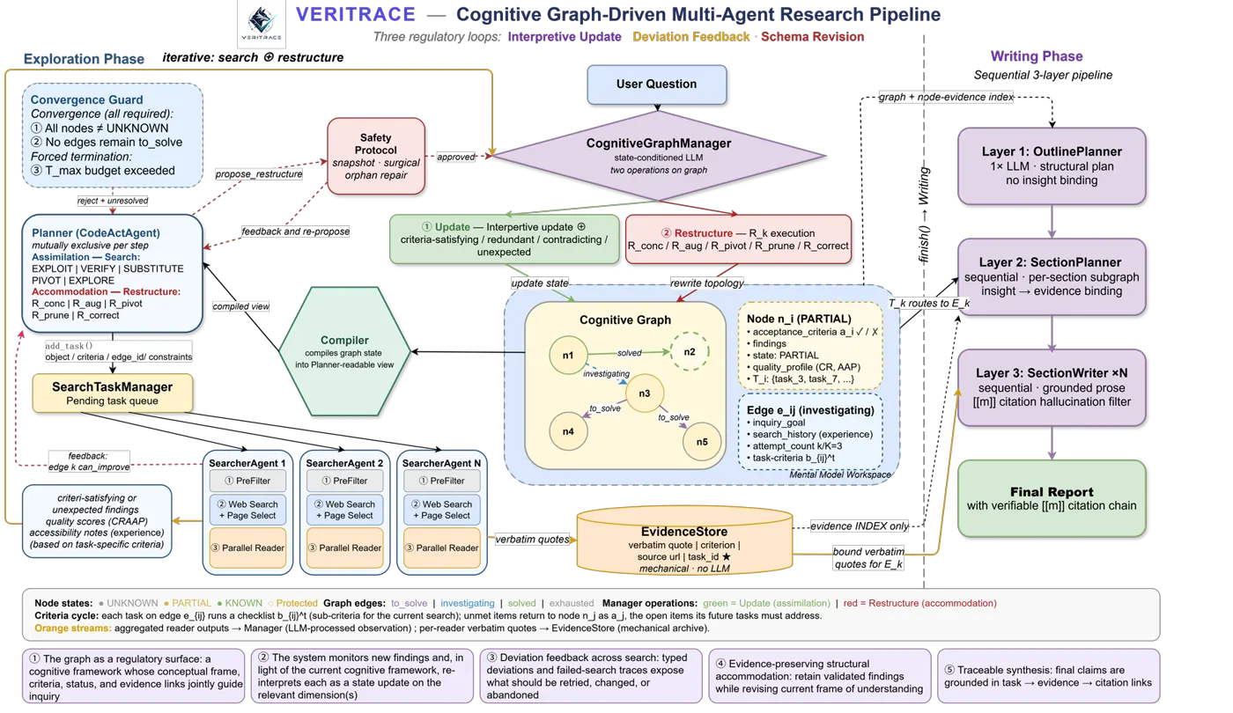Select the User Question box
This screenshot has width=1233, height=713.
[x=657, y=85]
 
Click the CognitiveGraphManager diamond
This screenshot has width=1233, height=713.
[x=659, y=156]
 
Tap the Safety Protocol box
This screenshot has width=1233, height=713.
[x=376, y=157]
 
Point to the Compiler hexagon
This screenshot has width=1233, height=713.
[x=344, y=351]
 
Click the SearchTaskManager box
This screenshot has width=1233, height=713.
[x=113, y=393]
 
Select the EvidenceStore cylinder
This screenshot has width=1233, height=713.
[x=684, y=540]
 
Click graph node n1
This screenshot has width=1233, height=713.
[x=568, y=356]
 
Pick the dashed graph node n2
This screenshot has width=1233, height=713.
[x=690, y=351]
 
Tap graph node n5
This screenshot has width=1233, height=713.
[x=702, y=442]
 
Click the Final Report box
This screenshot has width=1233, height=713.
[x=1052, y=498]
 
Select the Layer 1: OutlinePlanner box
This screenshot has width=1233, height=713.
[x=1052, y=166]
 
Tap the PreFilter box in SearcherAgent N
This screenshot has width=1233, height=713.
[x=442, y=481]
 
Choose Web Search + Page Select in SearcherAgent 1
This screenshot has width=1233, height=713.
[x=247, y=510]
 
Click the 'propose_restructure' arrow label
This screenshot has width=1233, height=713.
[x=259, y=174]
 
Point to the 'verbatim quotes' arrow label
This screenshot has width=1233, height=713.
[x=532, y=539]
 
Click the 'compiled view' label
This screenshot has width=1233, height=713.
[x=241, y=306]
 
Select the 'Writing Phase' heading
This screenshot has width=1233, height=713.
[x=1037, y=56]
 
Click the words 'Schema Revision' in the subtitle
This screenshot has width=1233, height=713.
[x=812, y=37]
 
